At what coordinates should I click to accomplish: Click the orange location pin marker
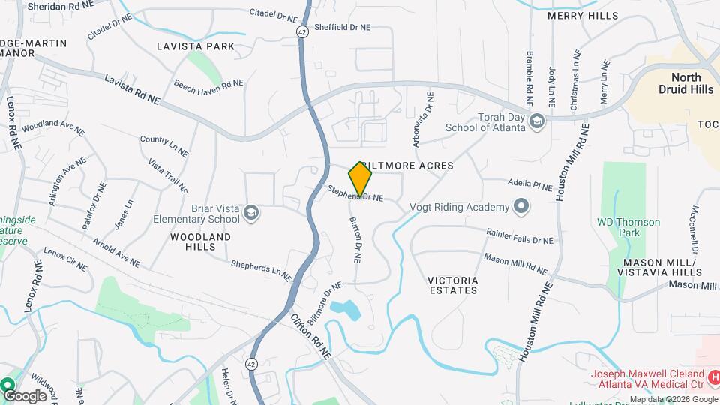click(361, 179)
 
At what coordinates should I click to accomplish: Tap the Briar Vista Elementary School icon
click(251, 214)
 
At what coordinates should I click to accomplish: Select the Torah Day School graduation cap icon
click(536, 121)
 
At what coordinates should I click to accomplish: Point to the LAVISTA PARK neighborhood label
click(196, 46)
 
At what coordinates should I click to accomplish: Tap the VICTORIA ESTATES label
click(452, 285)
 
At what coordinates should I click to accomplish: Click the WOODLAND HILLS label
click(200, 241)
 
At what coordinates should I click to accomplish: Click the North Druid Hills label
click(685, 83)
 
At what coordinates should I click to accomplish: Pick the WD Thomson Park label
click(628, 227)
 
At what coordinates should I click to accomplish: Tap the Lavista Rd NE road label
click(132, 89)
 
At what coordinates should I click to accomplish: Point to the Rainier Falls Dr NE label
click(520, 237)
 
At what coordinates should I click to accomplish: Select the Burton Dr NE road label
click(356, 239)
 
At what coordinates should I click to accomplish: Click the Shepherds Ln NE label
click(260, 271)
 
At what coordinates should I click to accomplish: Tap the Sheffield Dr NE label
click(342, 27)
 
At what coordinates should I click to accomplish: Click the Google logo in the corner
click(25, 395)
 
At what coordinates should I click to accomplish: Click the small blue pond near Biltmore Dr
click(346, 307)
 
